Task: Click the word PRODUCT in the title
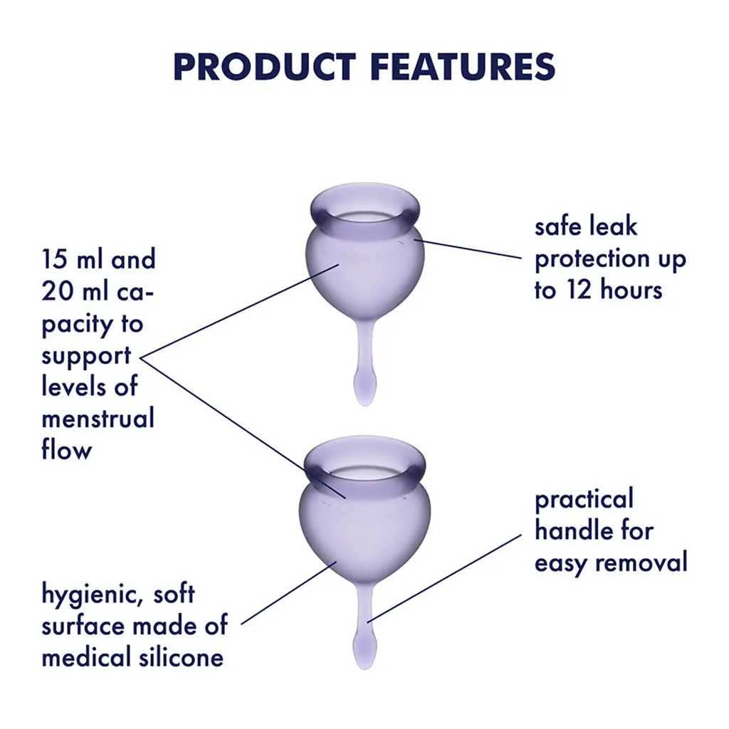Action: [x=264, y=67]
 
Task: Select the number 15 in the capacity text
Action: [x=54, y=260]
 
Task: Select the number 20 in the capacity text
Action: [x=56, y=292]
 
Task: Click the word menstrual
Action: [x=98, y=418]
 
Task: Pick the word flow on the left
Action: [x=66, y=450]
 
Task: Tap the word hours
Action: [x=629, y=290]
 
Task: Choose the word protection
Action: [x=592, y=260]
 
